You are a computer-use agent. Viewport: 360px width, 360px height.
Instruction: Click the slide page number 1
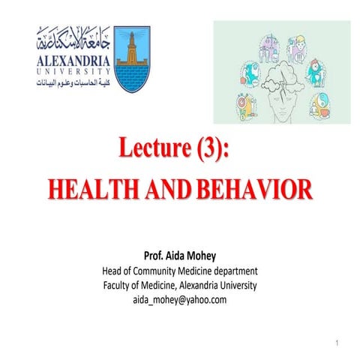tap(337, 342)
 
